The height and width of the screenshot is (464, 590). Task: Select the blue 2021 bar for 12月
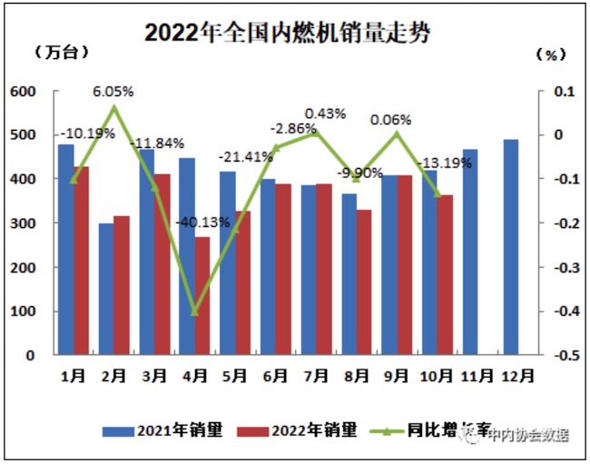[x=510, y=247]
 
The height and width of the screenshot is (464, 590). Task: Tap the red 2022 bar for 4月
[x=202, y=296]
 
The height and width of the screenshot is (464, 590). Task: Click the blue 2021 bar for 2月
[x=107, y=289]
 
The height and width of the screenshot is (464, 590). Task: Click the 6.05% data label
[x=113, y=91]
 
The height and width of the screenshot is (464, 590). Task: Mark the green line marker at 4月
[x=194, y=311]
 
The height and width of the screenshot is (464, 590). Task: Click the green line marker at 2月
[x=114, y=108]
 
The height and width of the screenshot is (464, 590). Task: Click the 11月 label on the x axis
[x=478, y=373]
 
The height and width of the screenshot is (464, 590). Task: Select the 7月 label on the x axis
[x=317, y=373]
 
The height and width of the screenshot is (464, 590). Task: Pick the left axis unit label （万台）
[x=61, y=53]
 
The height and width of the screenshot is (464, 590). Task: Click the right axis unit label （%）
[x=550, y=54]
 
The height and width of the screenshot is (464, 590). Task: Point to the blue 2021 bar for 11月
[x=470, y=252]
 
